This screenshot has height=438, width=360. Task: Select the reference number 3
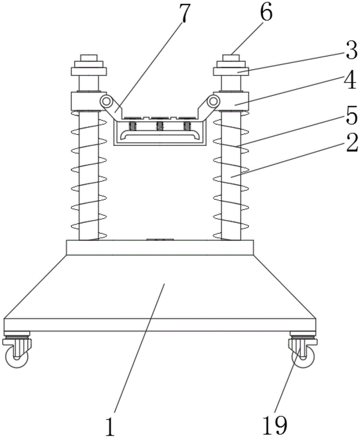(x=351, y=52)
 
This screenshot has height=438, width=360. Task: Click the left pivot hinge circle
(x=105, y=101)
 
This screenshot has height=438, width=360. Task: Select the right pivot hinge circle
(x=213, y=101)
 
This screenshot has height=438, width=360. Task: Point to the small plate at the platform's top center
(x=160, y=240)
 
